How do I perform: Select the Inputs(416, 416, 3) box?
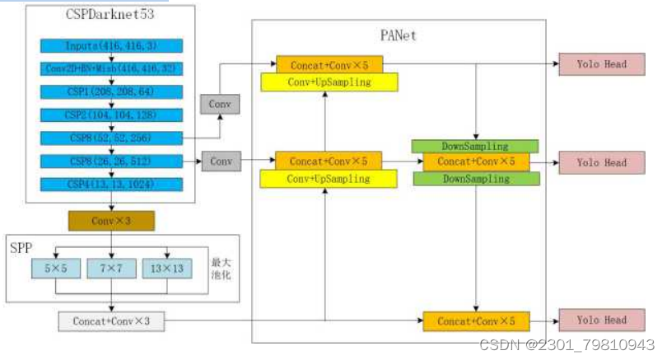pos(110,46)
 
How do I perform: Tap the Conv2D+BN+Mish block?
pos(110,69)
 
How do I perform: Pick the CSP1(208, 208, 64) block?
pos(110,92)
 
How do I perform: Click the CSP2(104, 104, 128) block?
pos(110,115)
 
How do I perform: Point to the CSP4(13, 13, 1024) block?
pos(110,185)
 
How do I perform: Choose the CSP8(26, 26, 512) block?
pos(110,161)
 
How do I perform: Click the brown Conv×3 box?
pos(110,221)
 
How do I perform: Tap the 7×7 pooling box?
pos(110,267)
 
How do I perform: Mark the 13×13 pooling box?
pos(167,267)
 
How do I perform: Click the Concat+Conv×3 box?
pos(110,321)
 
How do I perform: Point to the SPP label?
pos(21,247)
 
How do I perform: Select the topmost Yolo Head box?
pos(601,64)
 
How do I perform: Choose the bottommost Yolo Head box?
pos(601,320)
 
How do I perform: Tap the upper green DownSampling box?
pos(476,146)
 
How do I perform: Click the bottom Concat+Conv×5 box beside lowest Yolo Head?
pos(476,321)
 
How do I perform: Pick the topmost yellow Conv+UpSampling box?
pos(329,82)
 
